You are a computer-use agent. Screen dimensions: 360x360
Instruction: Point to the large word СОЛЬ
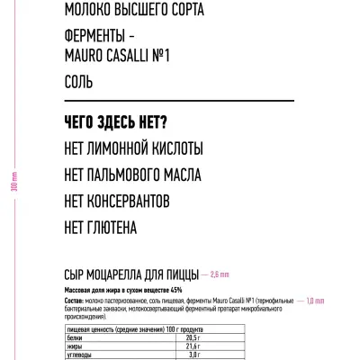coord(80,81)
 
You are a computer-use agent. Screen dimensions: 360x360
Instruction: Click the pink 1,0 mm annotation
coord(314,301)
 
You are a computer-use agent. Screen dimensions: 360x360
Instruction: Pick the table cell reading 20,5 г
coord(192,337)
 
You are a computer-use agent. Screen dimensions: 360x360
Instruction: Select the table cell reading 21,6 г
coord(192,346)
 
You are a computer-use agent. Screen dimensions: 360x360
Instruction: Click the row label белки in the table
coord(76,337)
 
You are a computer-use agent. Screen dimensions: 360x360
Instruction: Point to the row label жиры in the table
coord(76,346)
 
